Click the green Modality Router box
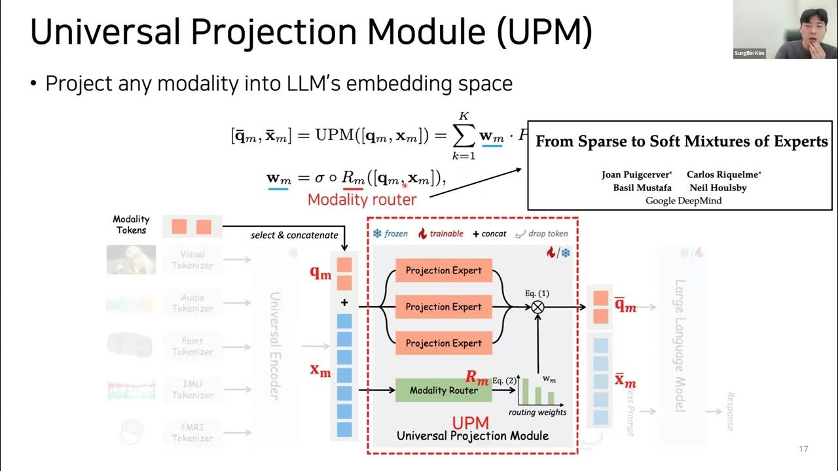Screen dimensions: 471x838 [x=443, y=391]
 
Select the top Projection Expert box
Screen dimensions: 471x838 [x=443, y=270]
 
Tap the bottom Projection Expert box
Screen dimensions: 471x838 [x=443, y=343]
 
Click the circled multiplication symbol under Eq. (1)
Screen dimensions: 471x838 [x=537, y=307]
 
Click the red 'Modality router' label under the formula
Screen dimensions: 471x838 [x=362, y=200]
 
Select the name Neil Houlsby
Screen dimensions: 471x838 [x=718, y=188]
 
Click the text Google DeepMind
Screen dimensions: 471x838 [x=683, y=201]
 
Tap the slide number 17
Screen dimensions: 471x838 [x=803, y=449]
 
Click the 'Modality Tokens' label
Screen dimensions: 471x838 [x=131, y=224]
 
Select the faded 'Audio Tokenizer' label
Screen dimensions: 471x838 [x=192, y=303]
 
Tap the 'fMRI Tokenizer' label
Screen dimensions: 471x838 [x=192, y=432]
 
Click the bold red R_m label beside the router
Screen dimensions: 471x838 [x=477, y=377]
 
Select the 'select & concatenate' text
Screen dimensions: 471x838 [x=294, y=235]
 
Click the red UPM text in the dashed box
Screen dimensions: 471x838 [x=470, y=423]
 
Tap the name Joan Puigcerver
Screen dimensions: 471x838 [x=636, y=175]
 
